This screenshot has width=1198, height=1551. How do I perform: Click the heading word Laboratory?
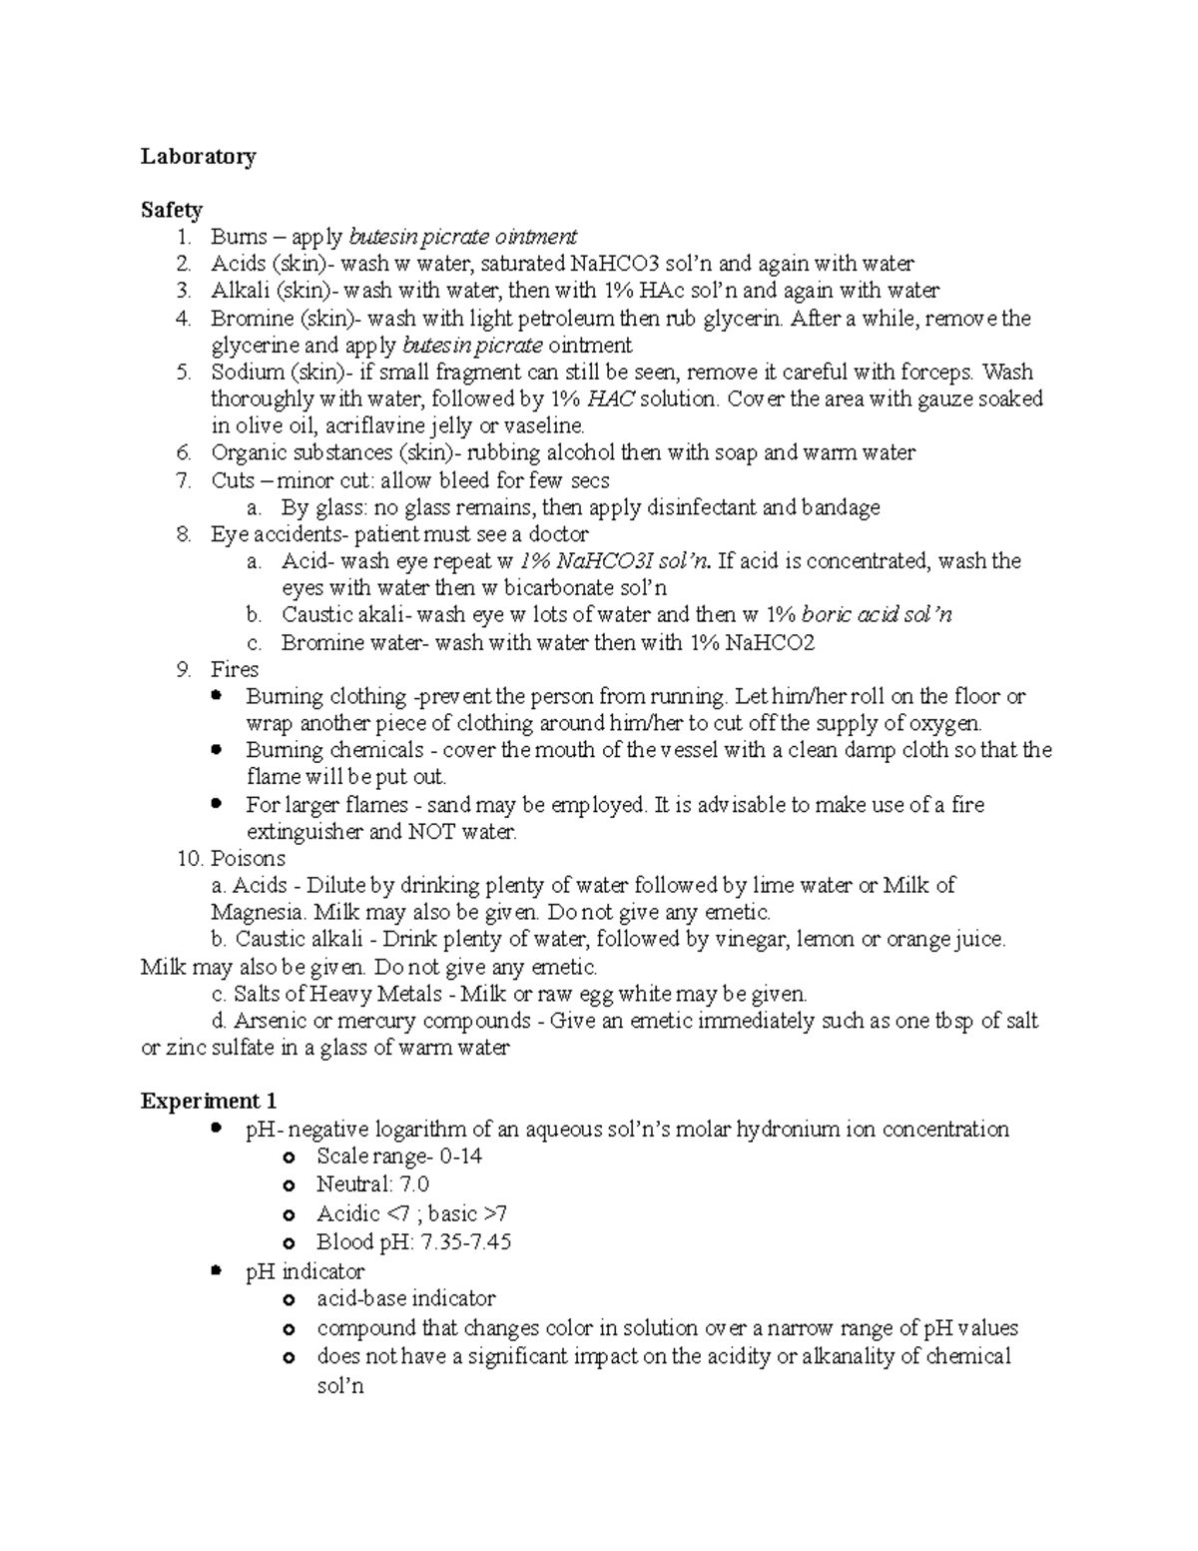pyautogui.click(x=198, y=156)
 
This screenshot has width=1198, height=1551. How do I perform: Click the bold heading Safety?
pyautogui.click(x=171, y=210)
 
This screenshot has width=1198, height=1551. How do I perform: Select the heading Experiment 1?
pyautogui.click(x=208, y=1101)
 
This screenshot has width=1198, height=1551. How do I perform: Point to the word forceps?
pyautogui.click(x=935, y=373)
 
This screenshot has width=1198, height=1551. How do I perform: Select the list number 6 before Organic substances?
pyautogui.click(x=182, y=453)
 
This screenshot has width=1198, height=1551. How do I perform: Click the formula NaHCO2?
pyautogui.click(x=770, y=643)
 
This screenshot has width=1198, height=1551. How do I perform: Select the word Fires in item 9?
pyautogui.click(x=235, y=669)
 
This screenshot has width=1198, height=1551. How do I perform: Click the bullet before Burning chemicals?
pyautogui.click(x=217, y=749)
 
